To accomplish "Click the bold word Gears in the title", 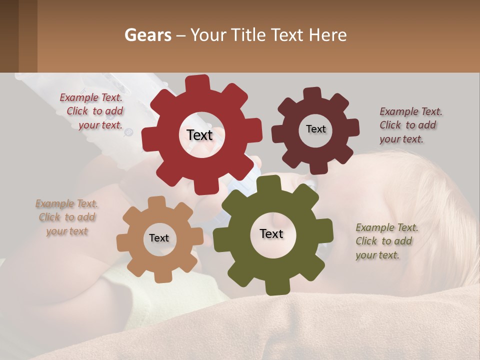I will tap(147, 35).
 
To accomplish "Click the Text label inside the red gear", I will tap(200, 135).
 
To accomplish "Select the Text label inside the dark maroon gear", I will tap(315, 129).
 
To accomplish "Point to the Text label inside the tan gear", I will tap(159, 238).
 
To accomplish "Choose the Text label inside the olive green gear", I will tap(271, 233).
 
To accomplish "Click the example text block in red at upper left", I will tap(92, 111).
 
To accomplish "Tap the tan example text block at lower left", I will tap(67, 217).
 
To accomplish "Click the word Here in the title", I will tap(328, 35).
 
